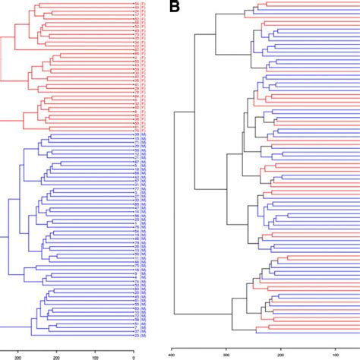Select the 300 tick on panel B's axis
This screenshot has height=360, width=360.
(226, 352)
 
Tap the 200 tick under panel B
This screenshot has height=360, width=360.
(281, 352)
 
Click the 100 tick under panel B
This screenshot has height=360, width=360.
(335, 352)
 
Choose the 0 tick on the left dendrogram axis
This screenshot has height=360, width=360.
(134, 352)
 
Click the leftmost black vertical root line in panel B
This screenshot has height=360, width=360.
(175, 213)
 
